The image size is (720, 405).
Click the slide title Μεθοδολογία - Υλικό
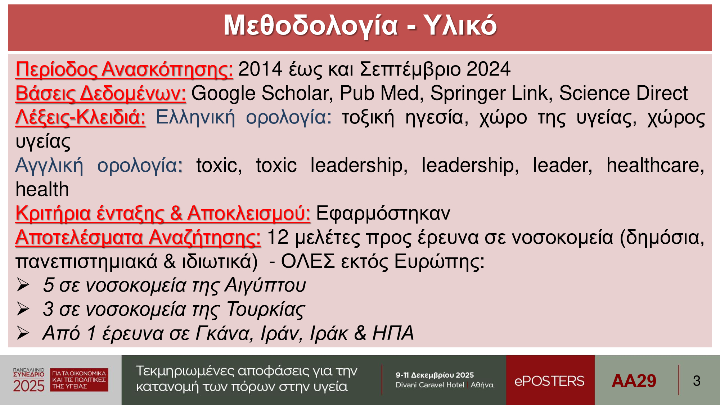pyautogui.click(x=360, y=26)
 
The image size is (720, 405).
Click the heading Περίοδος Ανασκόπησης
pyautogui.click(x=124, y=69)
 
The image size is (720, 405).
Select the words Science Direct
pyautogui.click(x=623, y=93)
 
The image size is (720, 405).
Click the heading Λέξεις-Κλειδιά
pyautogui.click(x=80, y=117)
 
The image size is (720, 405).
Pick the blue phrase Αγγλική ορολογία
pyautogui.click(x=99, y=166)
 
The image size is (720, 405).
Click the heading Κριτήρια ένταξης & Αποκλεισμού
pyautogui.click(x=163, y=213)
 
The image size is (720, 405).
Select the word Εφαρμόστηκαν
pyautogui.click(x=383, y=213)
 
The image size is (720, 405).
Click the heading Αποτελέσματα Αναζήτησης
pyautogui.click(x=138, y=238)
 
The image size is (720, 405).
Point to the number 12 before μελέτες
pyautogui.click(x=278, y=238)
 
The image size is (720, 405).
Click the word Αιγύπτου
pyautogui.click(x=265, y=285)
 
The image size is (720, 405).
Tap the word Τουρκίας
pyautogui.click(x=266, y=310)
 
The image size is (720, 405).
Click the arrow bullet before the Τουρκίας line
pyautogui.click(x=23, y=309)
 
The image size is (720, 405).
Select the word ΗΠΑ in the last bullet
pyautogui.click(x=393, y=333)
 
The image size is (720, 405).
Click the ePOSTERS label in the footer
pyautogui.click(x=549, y=381)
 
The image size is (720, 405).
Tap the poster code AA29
pyautogui.click(x=634, y=381)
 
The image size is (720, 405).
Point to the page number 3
pyautogui.click(x=697, y=381)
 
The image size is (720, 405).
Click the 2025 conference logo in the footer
pyautogui.click(x=60, y=380)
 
